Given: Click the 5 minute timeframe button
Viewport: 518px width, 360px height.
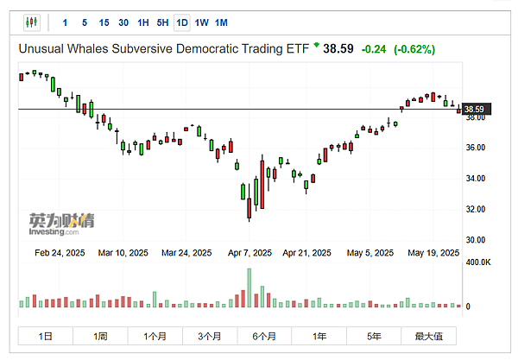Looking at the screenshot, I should click(x=84, y=22).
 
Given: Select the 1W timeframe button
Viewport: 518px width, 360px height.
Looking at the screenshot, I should click(x=201, y=22).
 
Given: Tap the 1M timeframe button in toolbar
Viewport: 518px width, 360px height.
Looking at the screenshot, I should click(x=222, y=22).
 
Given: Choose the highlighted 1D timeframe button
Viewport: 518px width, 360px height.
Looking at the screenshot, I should click(x=181, y=22).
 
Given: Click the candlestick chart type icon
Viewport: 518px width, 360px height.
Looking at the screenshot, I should click(x=32, y=22).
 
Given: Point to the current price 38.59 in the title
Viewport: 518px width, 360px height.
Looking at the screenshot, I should click(x=339, y=49).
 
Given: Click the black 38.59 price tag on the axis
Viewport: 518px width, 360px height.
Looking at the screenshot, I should click(x=473, y=109).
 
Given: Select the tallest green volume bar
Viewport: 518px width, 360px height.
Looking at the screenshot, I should click(x=250, y=287).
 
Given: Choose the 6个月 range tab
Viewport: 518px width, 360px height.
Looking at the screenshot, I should click(x=264, y=336).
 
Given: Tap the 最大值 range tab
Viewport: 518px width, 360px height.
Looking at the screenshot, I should click(x=428, y=336).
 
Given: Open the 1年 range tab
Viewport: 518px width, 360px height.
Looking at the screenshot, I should click(x=319, y=336).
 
